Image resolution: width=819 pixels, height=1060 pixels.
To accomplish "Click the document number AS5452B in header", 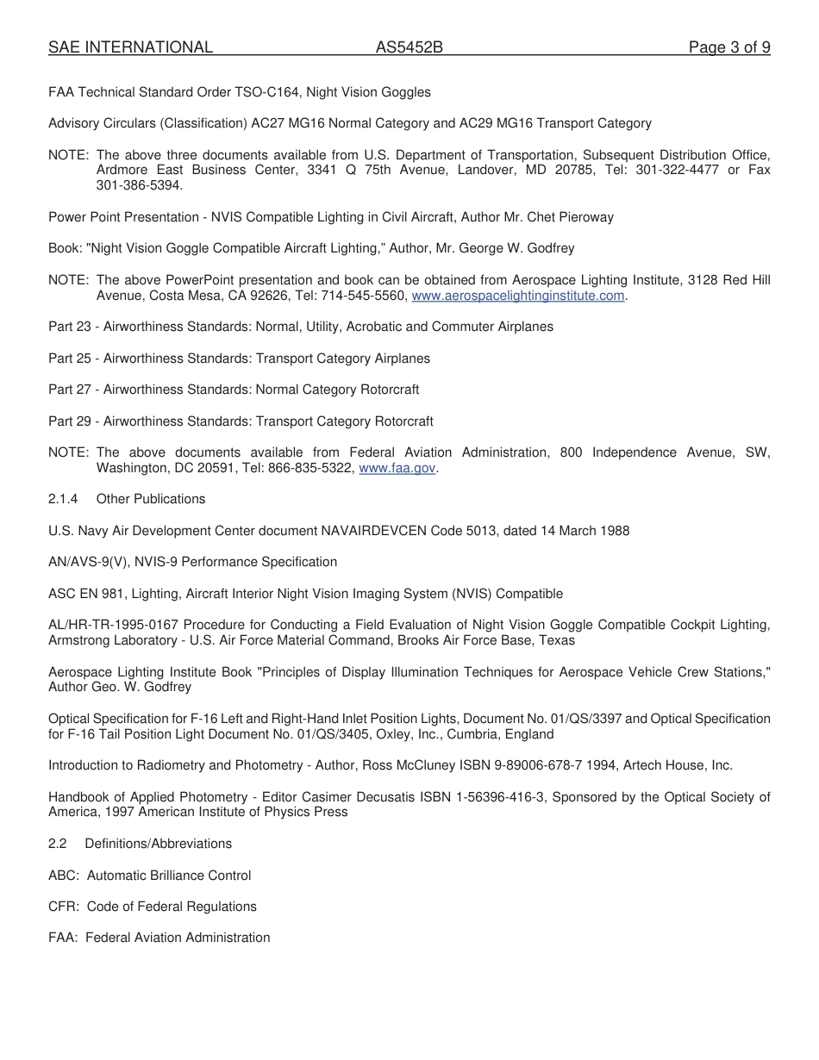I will click(409, 47).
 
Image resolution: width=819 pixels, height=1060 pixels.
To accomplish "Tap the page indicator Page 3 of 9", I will click(728, 47).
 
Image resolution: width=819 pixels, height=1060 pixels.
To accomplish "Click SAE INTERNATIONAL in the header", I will click(130, 47).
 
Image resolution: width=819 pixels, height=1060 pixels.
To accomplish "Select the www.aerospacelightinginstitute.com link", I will click(517, 296).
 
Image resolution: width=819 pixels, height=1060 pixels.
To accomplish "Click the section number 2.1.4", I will click(63, 499).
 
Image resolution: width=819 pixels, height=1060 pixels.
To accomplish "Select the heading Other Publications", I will click(151, 499).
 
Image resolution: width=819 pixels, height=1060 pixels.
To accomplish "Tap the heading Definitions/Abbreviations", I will click(158, 844).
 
